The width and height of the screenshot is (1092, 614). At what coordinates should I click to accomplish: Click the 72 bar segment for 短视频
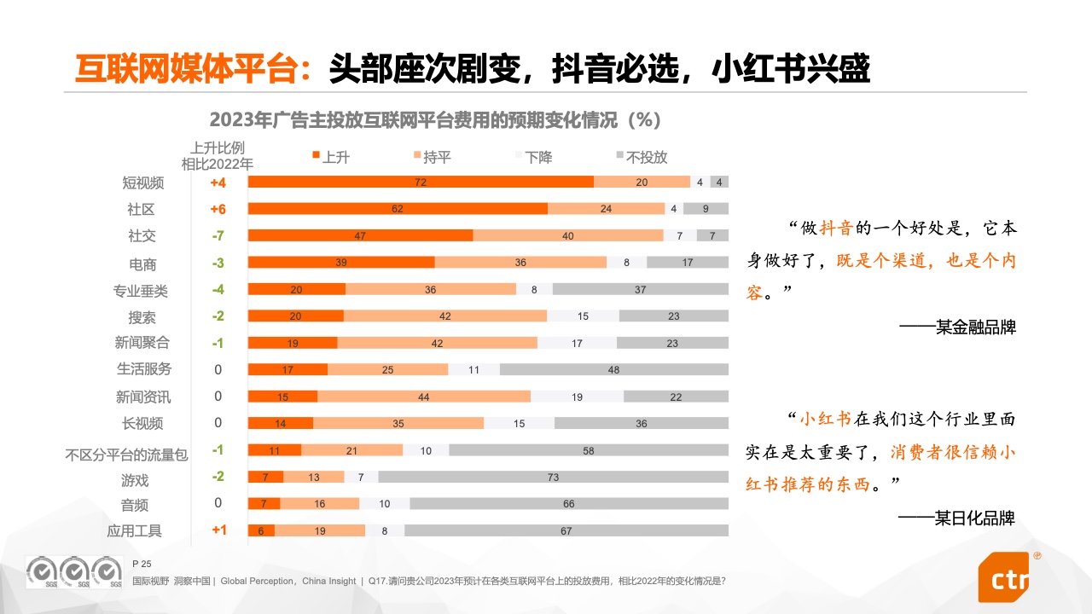point(421,182)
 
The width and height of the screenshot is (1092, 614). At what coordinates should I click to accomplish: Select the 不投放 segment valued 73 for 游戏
point(553,477)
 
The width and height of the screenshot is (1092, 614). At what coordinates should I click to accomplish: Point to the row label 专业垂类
point(141,291)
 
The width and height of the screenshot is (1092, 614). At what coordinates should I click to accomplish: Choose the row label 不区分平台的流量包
point(126,455)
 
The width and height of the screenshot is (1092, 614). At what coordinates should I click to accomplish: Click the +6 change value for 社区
point(218,209)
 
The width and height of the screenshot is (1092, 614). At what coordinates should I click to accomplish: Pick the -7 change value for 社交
point(218,235)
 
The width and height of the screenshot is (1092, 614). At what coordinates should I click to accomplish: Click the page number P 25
point(142,564)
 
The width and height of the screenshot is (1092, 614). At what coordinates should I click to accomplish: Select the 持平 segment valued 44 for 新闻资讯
point(423,397)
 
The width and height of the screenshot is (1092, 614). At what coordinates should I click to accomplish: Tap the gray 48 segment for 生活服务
point(613,369)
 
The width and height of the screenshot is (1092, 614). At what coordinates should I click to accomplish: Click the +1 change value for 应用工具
point(218,530)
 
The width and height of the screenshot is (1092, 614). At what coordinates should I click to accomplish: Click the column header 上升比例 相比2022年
point(218,155)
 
